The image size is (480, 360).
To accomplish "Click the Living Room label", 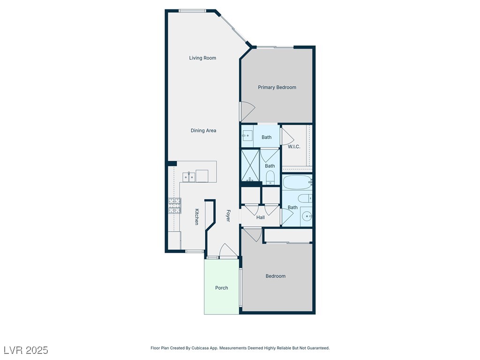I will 202,58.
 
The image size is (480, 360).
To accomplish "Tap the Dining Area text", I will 203,130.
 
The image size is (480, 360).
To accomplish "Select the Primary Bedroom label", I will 277,87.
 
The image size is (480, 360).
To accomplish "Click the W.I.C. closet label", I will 294,147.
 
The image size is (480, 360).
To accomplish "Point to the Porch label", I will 222,288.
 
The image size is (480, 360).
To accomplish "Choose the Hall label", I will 261,217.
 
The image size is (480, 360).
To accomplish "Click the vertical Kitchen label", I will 197,217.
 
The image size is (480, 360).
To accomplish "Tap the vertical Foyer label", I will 228,216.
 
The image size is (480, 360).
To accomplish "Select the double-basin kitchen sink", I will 189,176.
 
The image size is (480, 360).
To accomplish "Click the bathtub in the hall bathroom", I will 297,182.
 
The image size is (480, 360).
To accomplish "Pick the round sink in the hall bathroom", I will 307,216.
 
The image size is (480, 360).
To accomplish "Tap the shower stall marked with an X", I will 250,165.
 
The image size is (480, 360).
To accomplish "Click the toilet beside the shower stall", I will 270,177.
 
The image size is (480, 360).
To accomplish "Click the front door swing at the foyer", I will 228,251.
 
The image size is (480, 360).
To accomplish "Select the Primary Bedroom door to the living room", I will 247,112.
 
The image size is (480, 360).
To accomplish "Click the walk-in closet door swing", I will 287,135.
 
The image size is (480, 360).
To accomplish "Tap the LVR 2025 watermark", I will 26,350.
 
